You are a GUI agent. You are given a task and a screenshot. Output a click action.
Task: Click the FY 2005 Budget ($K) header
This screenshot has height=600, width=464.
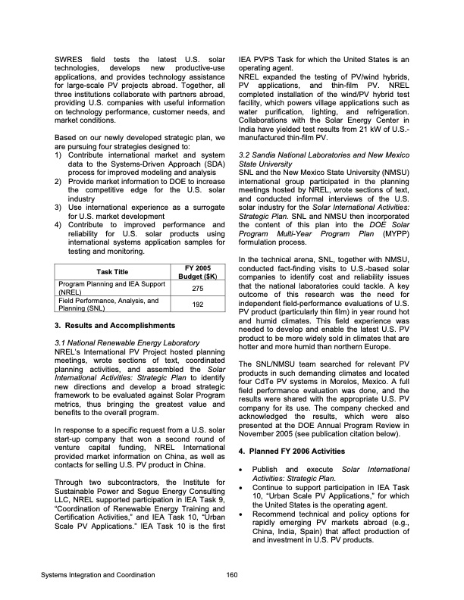tap(197, 271)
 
